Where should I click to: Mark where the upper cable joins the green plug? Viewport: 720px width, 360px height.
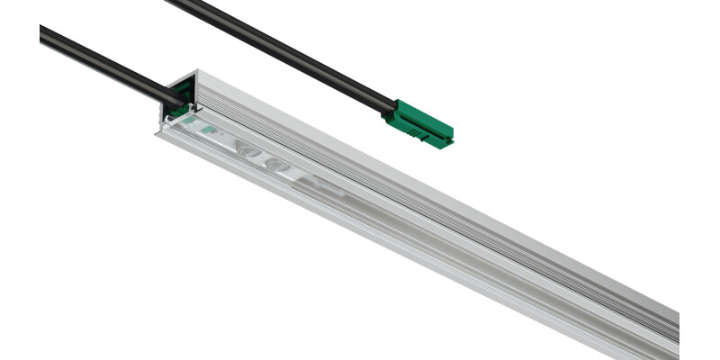click(x=389, y=110)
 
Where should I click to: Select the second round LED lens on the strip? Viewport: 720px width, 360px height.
click(x=274, y=166)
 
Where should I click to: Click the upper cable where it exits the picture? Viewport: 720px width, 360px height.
click(x=171, y=3)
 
